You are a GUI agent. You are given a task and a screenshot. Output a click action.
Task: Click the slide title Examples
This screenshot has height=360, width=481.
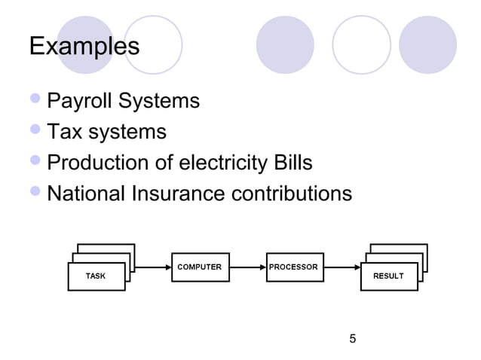tap(84, 47)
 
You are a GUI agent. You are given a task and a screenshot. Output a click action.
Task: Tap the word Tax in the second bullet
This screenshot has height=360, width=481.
tap(65, 133)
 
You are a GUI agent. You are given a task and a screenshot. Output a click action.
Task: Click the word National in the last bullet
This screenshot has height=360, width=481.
tap(87, 194)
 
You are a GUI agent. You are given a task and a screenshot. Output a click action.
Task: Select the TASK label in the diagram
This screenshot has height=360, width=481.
tap(96, 276)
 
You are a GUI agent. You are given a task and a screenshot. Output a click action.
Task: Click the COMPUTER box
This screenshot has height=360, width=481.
tap(200, 267)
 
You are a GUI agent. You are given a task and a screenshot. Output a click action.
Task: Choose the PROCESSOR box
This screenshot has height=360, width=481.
tap(294, 267)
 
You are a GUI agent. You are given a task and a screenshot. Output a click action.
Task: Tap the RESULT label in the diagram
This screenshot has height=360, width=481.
tap(388, 276)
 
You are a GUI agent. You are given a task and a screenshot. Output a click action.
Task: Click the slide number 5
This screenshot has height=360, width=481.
tap(352, 338)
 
